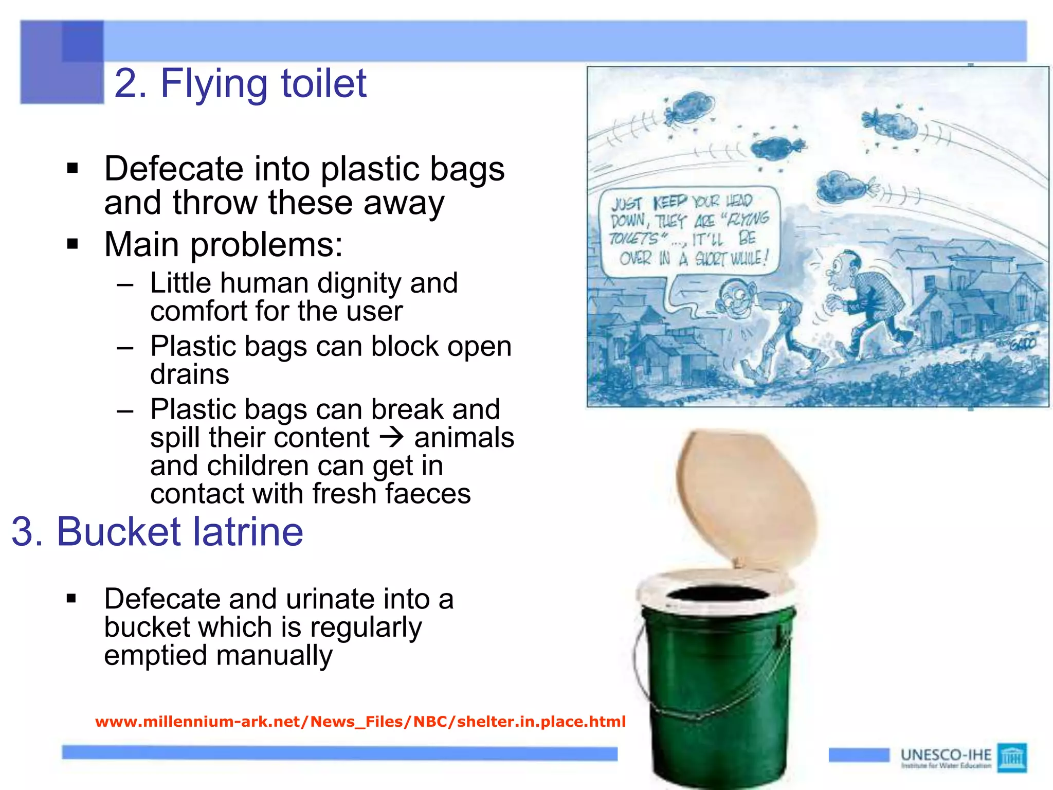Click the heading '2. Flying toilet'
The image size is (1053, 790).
[240, 83]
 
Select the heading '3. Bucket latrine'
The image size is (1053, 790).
[157, 531]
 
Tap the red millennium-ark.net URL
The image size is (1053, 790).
[360, 722]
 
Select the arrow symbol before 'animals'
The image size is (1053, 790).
[392, 438]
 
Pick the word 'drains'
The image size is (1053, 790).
[189, 374]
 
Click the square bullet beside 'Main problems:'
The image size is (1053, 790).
[72, 244]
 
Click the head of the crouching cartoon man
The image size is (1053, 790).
[735, 297]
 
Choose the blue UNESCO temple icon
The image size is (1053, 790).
[1011, 757]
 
